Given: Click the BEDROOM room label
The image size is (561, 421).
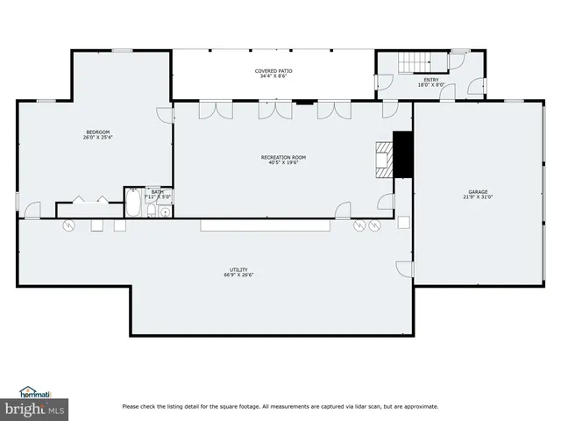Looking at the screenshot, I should [97, 132].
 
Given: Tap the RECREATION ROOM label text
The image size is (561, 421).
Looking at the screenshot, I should [283, 157].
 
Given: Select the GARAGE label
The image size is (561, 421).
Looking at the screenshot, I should [477, 191].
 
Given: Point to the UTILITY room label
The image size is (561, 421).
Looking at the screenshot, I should [238, 269].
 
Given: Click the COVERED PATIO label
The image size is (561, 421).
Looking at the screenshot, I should [274, 70].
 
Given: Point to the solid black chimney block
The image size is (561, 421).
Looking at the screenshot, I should [402, 153].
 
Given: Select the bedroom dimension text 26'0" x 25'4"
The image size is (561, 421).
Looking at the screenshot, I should [97, 138].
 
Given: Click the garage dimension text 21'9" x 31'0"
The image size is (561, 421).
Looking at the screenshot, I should [477, 197].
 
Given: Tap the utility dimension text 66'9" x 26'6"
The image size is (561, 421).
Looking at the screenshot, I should [238, 275].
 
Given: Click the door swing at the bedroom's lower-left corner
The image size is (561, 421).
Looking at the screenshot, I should [32, 210].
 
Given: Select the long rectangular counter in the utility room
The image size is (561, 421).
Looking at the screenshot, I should [264, 225].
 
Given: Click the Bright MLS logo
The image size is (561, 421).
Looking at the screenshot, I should [34, 409].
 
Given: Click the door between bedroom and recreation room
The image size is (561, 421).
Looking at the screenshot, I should [165, 115].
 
